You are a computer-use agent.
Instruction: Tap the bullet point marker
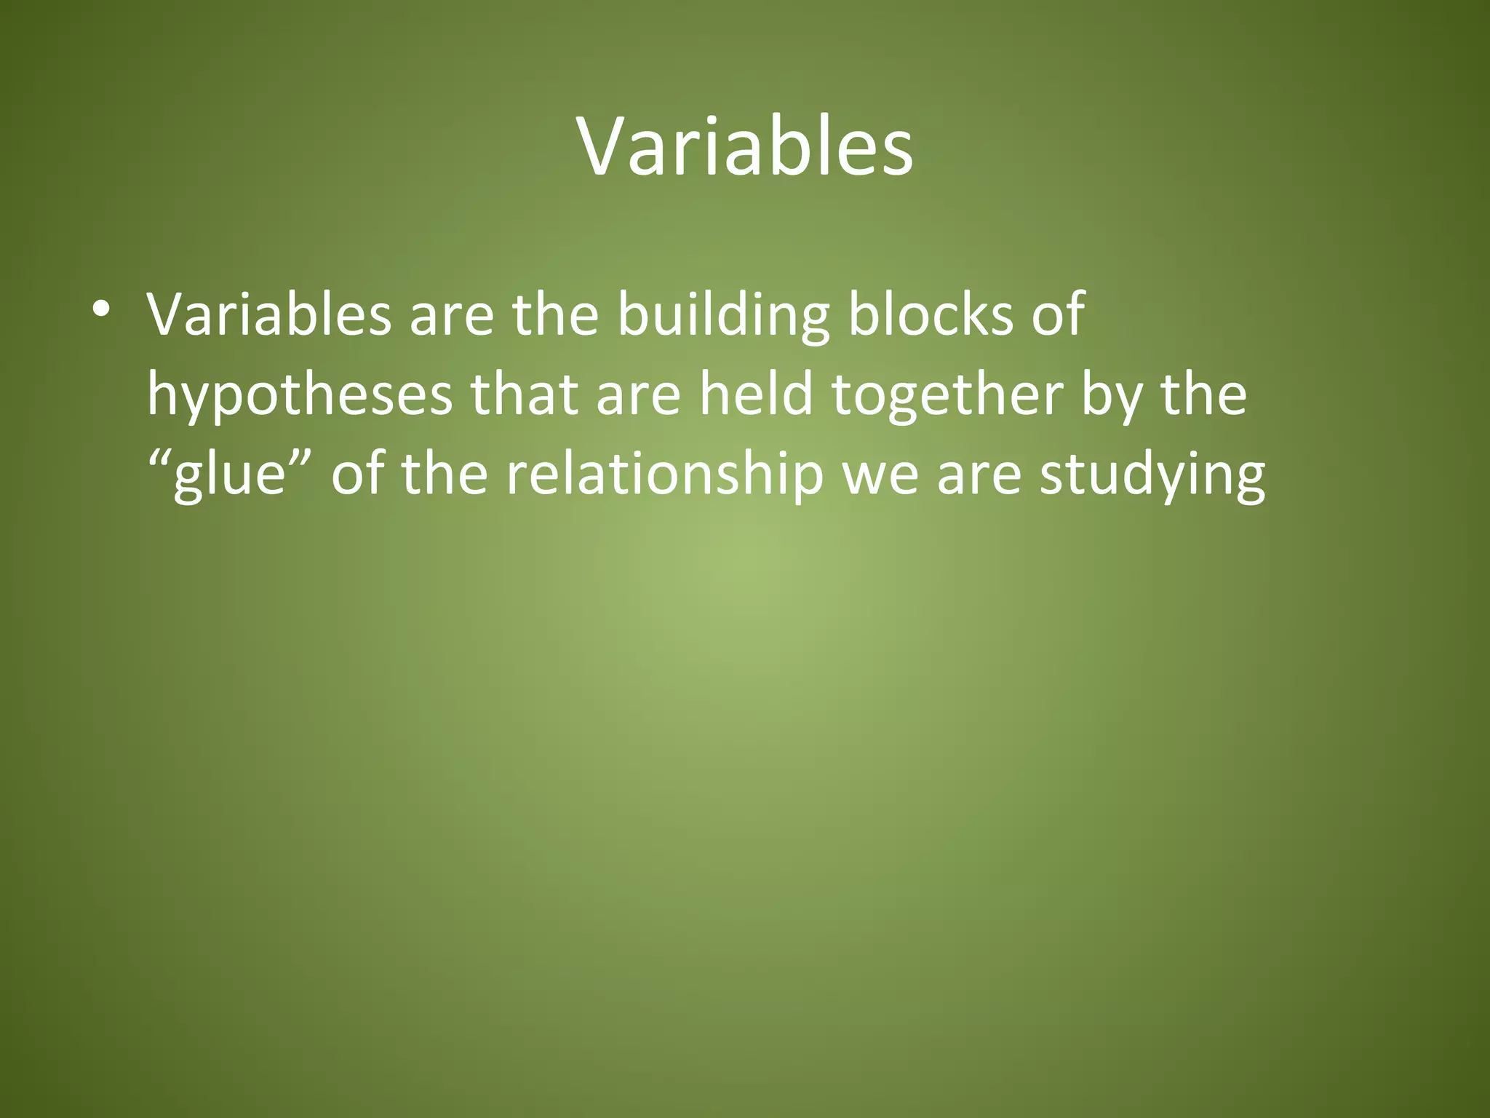(101, 309)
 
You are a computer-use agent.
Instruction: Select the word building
(723, 314)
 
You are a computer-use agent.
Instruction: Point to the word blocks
(931, 314)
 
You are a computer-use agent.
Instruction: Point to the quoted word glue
(231, 476)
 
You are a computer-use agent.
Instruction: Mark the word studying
(1152, 476)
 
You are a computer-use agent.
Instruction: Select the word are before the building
(452, 314)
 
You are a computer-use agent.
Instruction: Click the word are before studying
(979, 476)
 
